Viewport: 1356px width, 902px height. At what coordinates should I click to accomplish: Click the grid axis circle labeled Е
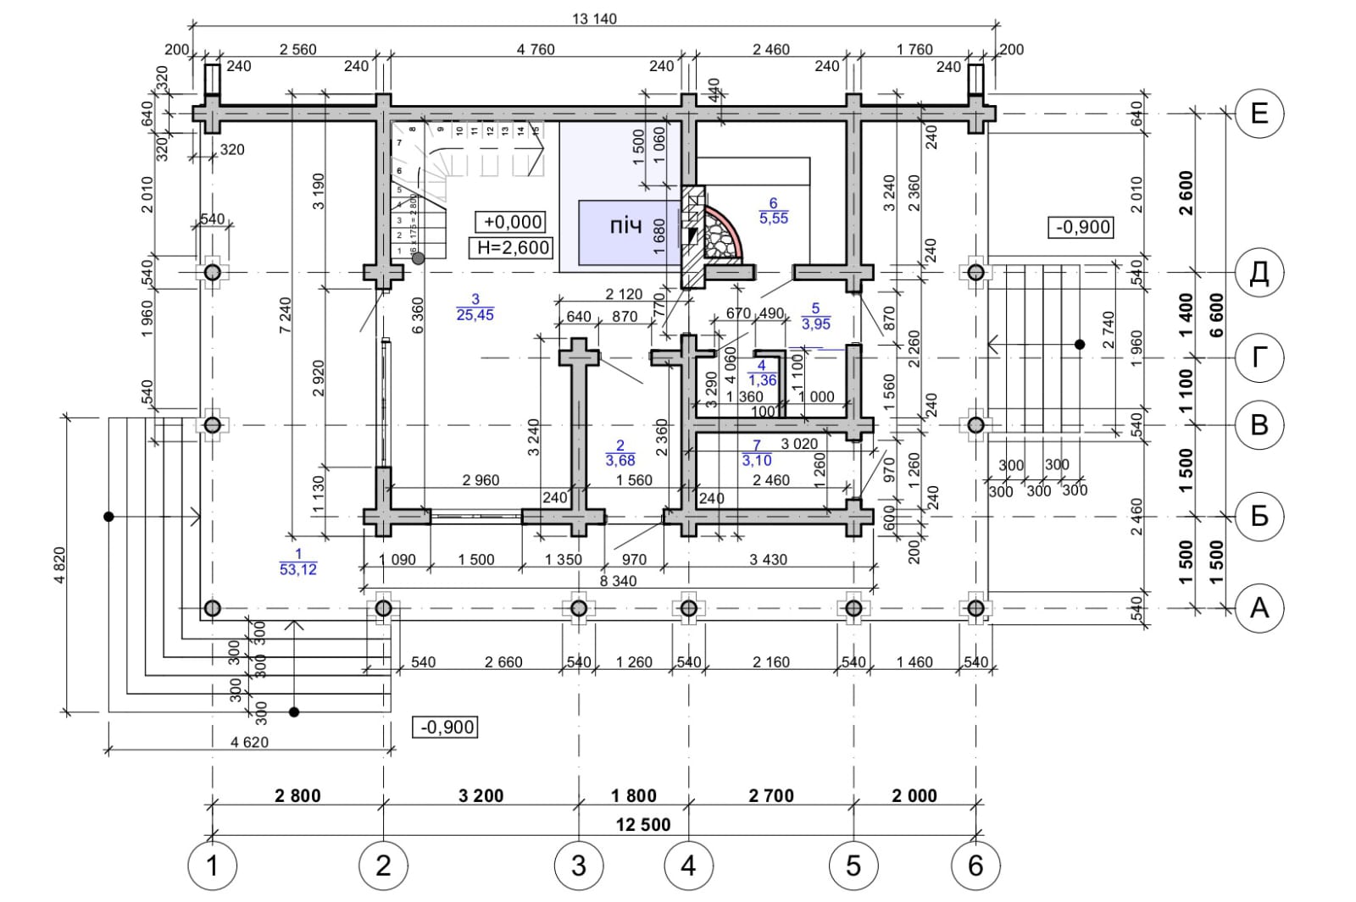point(1259,113)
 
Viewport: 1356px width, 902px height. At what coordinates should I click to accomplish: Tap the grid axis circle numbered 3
point(579,866)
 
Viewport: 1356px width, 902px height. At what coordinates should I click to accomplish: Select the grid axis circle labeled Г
point(1259,357)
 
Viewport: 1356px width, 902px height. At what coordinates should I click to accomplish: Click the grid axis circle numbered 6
point(975,866)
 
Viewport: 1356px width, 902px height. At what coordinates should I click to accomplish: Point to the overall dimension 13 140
point(594,19)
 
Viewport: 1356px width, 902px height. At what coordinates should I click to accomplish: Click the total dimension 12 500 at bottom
point(643,825)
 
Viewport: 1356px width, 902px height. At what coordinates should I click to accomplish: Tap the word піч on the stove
point(625,227)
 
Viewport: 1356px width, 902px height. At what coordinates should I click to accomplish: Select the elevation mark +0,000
point(512,222)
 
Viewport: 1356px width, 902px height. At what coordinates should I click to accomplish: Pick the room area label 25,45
point(475,315)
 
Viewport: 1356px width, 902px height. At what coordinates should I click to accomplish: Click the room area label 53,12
point(298,569)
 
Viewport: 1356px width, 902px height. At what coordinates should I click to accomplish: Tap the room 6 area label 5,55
point(773,218)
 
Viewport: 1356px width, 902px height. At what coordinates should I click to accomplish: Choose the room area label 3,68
point(620,461)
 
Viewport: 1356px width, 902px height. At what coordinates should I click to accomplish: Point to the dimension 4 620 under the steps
point(249,742)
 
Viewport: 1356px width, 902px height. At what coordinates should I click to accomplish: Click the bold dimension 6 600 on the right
point(1217,316)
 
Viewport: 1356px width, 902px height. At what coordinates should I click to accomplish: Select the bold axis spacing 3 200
point(481,795)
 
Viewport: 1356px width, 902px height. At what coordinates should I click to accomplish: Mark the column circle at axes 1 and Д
point(212,272)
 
